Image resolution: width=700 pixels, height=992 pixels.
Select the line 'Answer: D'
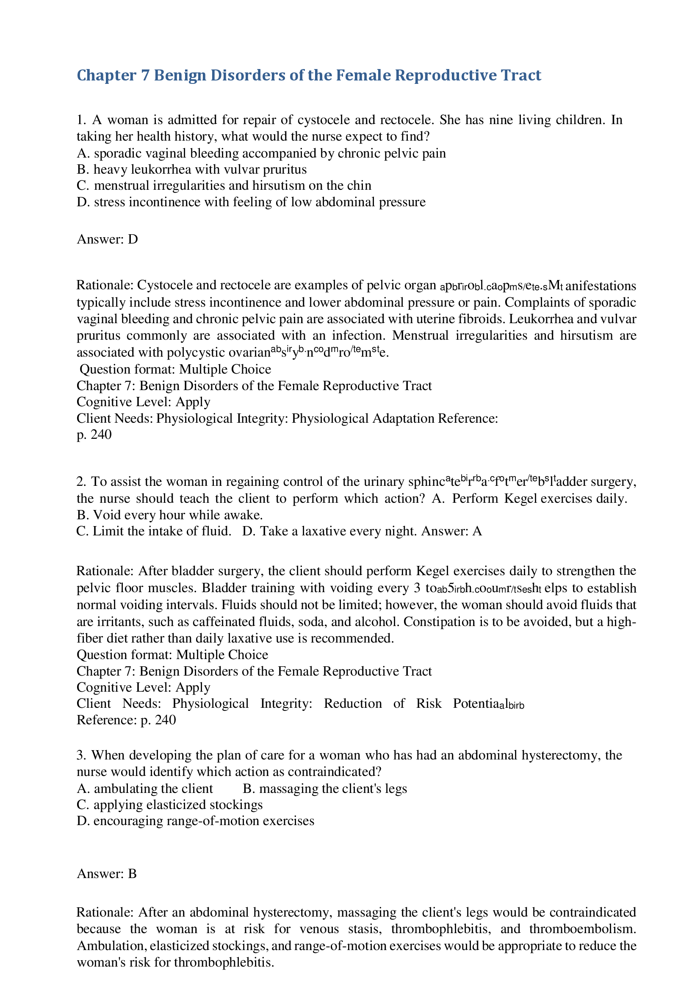pyautogui.click(x=107, y=239)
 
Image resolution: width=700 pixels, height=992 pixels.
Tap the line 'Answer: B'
pyautogui.click(x=107, y=874)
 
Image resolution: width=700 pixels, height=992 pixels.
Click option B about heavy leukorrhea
pyautogui.click(x=192, y=169)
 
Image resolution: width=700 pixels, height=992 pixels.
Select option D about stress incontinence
pyautogui.click(x=251, y=202)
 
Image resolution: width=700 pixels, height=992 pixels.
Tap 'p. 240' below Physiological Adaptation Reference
pyautogui.click(x=94, y=434)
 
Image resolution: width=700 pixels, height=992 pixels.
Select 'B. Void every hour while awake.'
pyautogui.click(x=170, y=515)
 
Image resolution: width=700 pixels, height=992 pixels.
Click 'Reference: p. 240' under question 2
pyautogui.click(x=126, y=720)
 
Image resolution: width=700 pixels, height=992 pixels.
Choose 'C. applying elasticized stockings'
pyautogui.click(x=170, y=804)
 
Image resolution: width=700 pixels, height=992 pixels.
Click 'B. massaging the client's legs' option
pyautogui.click(x=325, y=789)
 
